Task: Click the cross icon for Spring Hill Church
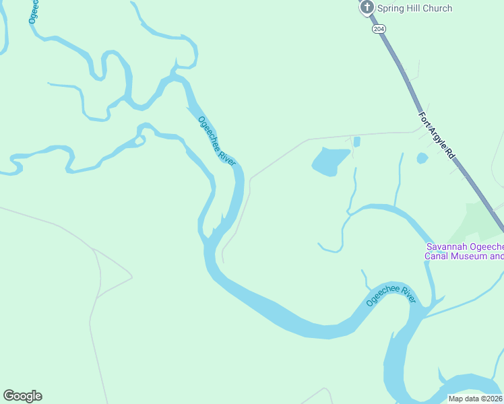coord(367,8)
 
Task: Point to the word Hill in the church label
coord(414,8)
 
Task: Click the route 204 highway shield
coord(379,29)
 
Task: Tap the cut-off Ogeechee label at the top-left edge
coord(33,12)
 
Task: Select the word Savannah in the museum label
coord(447,247)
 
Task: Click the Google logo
coord(22,396)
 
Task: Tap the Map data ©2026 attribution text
coord(475,399)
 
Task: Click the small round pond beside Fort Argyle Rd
coord(422,158)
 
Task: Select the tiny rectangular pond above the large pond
coord(356,141)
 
